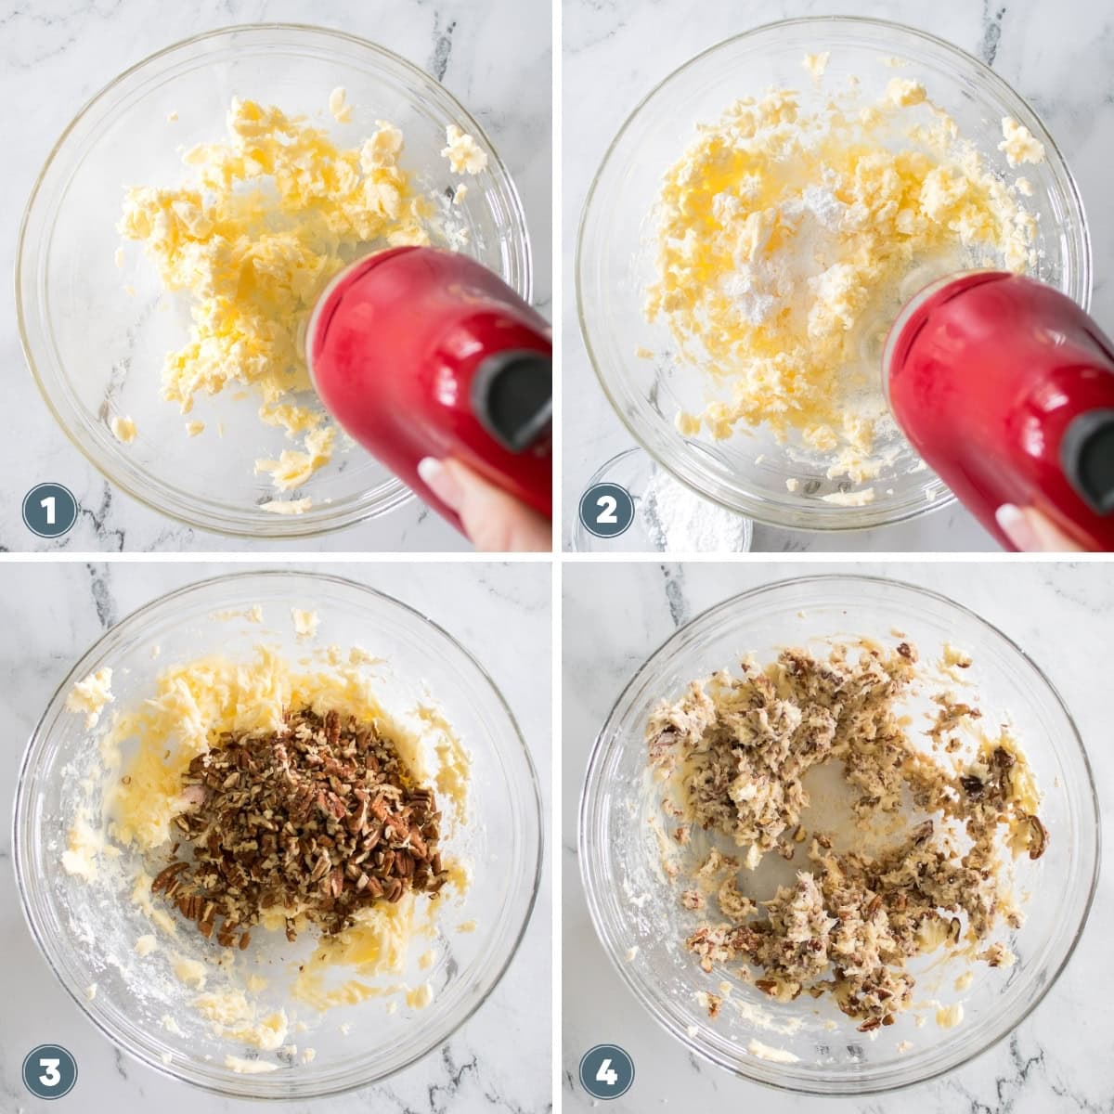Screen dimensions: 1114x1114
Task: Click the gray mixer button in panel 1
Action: click(515, 399)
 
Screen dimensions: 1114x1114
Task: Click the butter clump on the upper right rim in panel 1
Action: click(463, 149)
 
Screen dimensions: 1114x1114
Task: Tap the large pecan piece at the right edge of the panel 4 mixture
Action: click(1032, 835)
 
